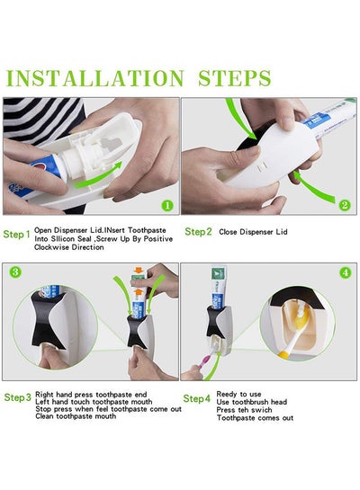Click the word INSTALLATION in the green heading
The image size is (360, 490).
coord(95,78)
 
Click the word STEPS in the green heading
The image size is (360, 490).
coord(235,78)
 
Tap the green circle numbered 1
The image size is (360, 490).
coord(167,205)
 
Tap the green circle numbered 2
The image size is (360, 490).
coord(345,205)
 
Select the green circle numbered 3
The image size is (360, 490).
coord(15,272)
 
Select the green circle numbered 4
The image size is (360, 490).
coord(346,272)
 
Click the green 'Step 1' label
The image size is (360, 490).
coord(17,235)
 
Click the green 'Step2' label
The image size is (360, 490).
coord(198,232)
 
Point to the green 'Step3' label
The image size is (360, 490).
coord(18,397)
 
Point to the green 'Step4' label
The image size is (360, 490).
coord(197,399)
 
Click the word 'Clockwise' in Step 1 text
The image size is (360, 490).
coord(51,247)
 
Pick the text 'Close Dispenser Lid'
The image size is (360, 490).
coord(253,232)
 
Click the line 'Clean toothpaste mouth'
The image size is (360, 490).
coord(76,416)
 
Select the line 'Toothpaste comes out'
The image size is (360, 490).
coord(256,418)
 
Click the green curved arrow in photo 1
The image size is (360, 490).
coord(98,175)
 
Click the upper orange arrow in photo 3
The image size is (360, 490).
coord(138,270)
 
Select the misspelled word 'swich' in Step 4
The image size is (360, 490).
coord(262,410)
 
